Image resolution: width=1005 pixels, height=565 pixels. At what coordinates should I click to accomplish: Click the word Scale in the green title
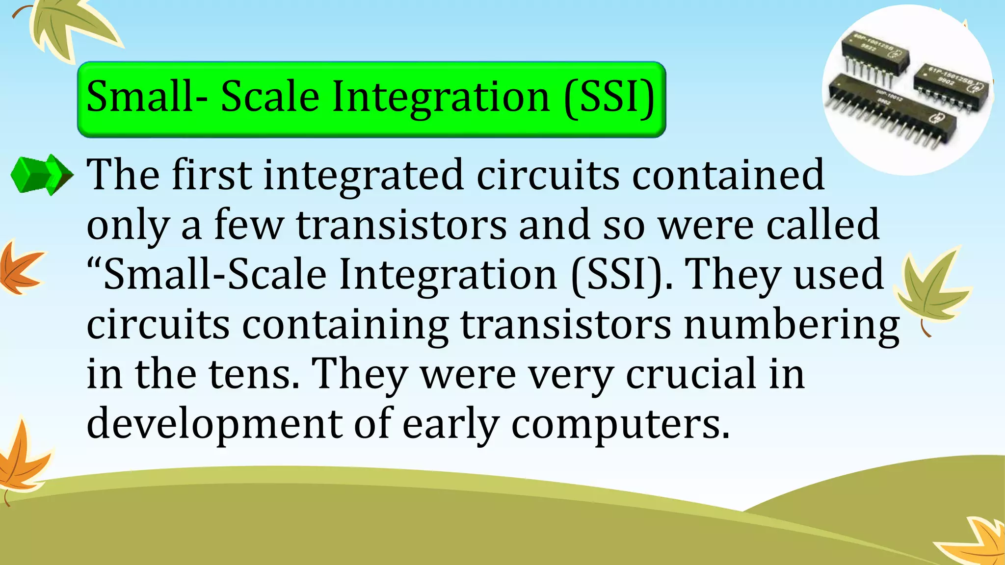tap(270, 97)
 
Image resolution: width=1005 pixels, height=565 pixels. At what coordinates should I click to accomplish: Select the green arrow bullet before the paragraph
tap(42, 175)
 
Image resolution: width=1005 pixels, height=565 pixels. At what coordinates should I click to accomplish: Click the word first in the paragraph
tap(212, 175)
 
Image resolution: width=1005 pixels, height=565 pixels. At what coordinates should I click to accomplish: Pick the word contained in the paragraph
tap(728, 175)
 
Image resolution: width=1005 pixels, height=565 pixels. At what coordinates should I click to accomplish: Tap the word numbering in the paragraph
tap(792, 326)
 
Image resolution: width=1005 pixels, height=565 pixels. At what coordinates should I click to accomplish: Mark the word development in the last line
tap(214, 425)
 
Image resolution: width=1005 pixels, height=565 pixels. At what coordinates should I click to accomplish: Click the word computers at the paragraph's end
tap(620, 425)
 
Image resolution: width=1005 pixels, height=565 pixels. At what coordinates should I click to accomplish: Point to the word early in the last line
tap(451, 425)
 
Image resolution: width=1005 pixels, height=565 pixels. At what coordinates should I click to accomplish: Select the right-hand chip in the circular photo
tap(950, 84)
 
